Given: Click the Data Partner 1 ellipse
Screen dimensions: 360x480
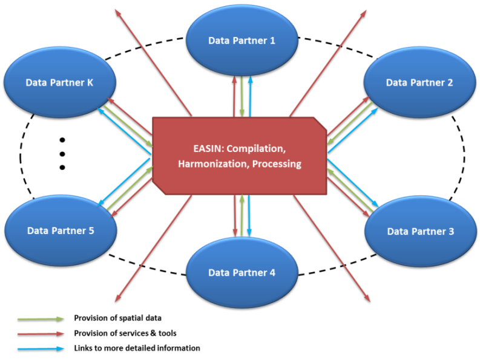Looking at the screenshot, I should [242, 41].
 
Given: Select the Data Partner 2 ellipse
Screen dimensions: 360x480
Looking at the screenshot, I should [419, 82].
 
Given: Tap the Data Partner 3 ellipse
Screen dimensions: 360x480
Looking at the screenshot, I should [420, 231].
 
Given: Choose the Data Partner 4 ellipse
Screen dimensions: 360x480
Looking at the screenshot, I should [242, 272].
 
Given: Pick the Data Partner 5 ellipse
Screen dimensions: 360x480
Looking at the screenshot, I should [61, 231].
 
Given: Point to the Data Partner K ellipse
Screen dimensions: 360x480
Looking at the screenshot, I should [60, 82].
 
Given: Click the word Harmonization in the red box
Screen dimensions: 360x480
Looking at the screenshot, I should [212, 164].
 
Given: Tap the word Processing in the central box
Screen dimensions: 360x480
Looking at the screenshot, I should [277, 164].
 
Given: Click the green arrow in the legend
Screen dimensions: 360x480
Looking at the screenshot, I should [41, 318].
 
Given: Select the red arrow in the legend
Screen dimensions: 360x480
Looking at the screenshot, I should [41, 333].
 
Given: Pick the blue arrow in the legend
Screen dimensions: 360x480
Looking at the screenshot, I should [41, 349].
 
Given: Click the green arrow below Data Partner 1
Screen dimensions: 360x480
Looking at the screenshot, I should [242, 96].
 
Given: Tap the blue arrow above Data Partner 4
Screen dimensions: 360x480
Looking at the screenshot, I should [249, 215].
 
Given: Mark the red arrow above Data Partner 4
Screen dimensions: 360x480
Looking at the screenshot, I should [235, 215].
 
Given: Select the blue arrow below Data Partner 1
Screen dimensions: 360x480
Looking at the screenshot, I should [249, 96].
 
